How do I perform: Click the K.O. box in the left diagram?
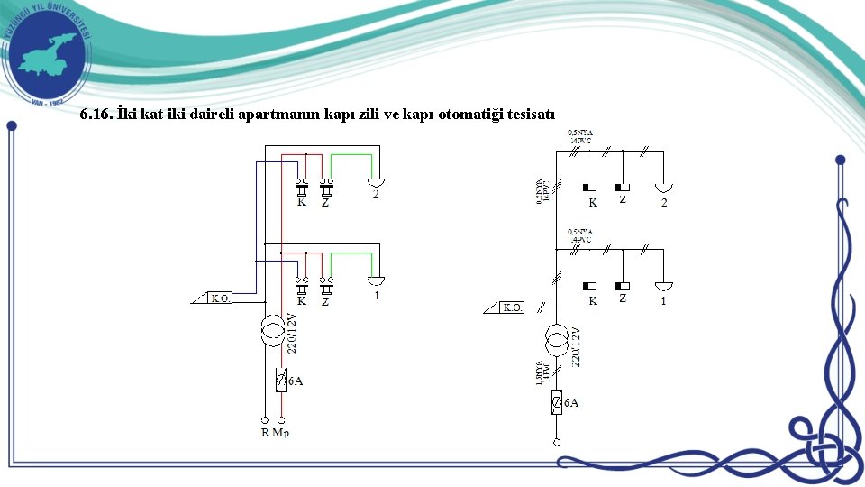(x=221, y=299)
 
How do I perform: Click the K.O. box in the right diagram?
(x=512, y=308)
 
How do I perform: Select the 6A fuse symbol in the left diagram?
(x=281, y=381)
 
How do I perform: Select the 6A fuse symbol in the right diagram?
(x=558, y=402)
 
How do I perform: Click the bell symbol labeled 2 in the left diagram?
(x=376, y=182)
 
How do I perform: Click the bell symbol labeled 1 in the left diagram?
(x=376, y=280)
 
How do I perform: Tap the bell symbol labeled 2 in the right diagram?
(x=663, y=188)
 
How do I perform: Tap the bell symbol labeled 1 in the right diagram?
(x=664, y=286)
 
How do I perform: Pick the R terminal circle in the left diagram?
(x=264, y=419)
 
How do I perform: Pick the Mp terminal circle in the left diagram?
(x=282, y=419)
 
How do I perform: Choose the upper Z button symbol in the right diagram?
(x=623, y=188)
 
